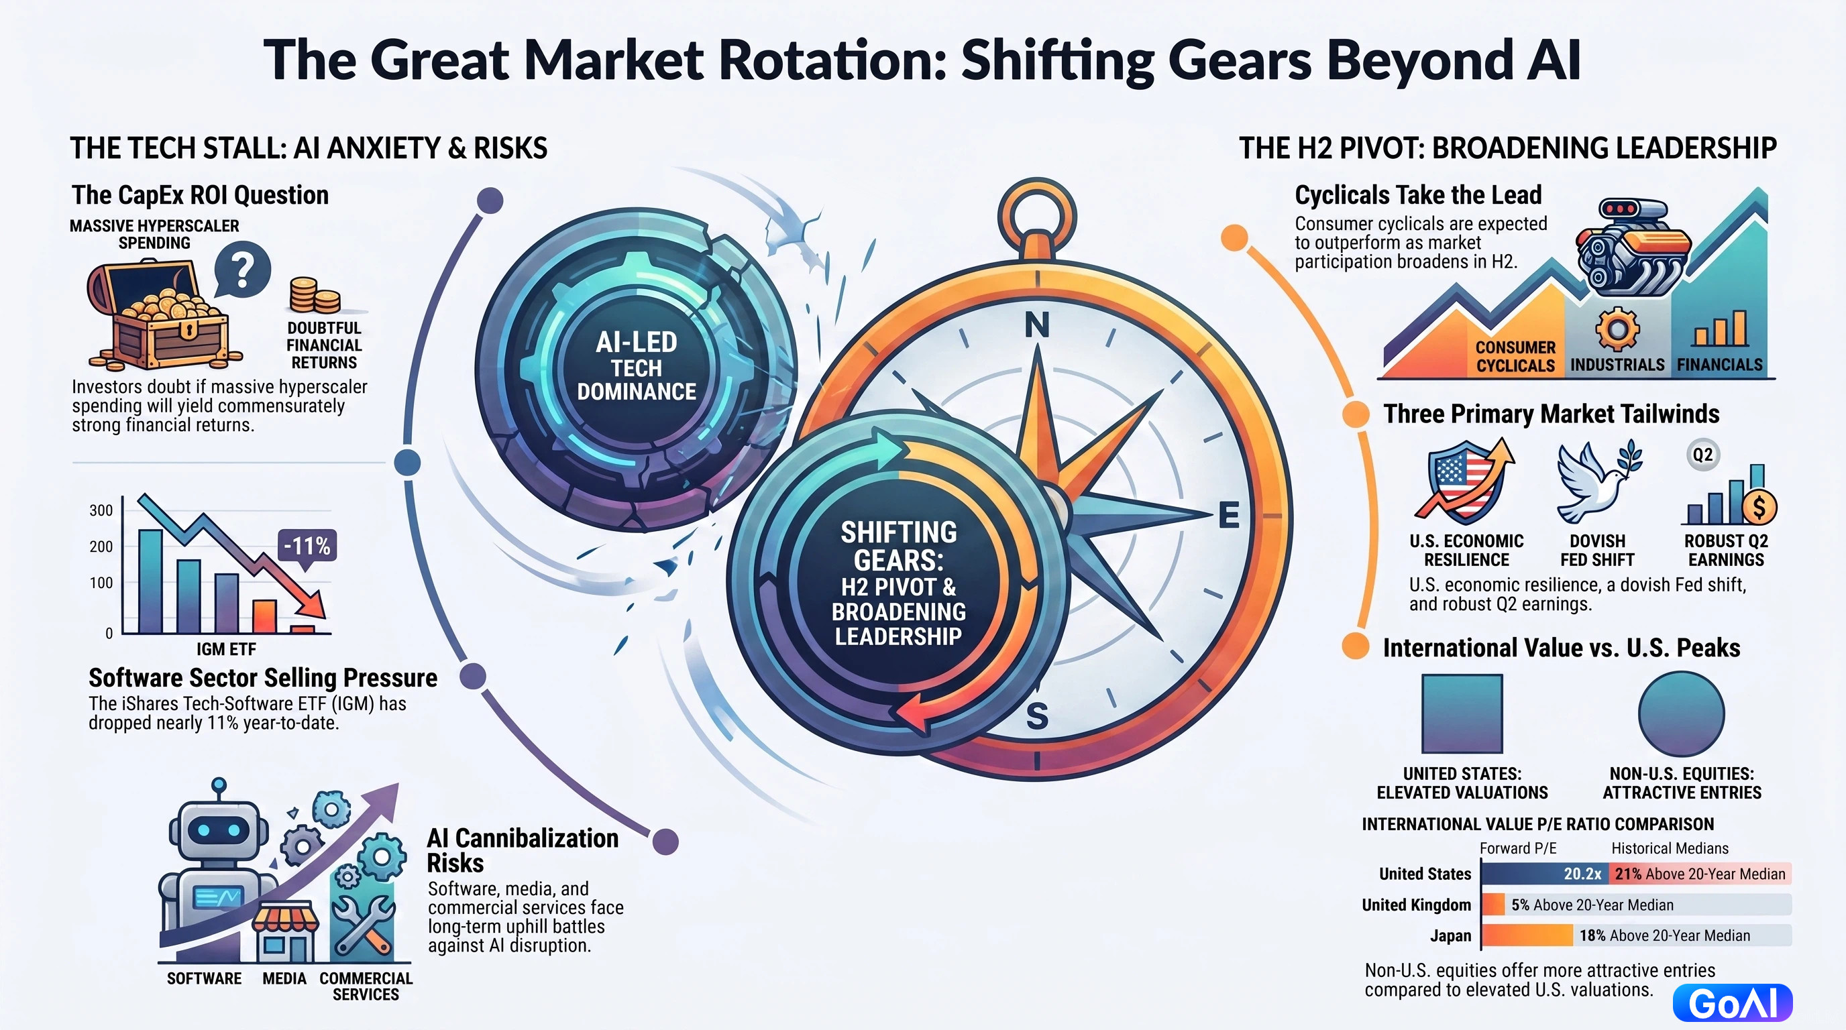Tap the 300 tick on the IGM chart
click(101, 511)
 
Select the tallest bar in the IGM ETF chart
click(150, 581)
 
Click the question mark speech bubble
click(242, 271)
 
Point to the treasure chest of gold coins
click(158, 315)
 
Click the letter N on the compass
click(1037, 325)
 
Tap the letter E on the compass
click(1228, 515)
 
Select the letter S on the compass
click(1037, 716)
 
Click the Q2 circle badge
click(1702, 454)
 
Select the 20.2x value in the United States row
click(1582, 874)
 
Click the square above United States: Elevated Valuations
click(1462, 713)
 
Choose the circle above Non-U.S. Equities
click(1681, 713)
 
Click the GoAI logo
click(1733, 1003)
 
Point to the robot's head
click(214, 831)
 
